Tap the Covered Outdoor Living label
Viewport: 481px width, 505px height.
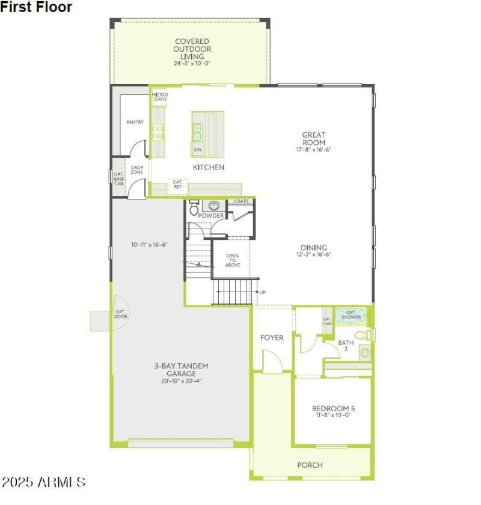(192, 49)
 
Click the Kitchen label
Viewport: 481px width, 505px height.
(209, 167)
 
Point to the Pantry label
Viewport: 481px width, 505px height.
(135, 122)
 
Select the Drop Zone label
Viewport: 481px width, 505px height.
(137, 170)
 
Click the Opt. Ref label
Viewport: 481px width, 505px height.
(177, 184)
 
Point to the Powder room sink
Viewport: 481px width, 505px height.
(213, 206)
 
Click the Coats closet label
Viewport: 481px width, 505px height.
(241, 202)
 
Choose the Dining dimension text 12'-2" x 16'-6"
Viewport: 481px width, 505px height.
(314, 254)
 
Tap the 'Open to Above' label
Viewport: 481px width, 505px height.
(233, 260)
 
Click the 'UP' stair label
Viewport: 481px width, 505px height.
(263, 292)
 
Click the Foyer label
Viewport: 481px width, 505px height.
(272, 338)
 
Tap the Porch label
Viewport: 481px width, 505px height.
(310, 465)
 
